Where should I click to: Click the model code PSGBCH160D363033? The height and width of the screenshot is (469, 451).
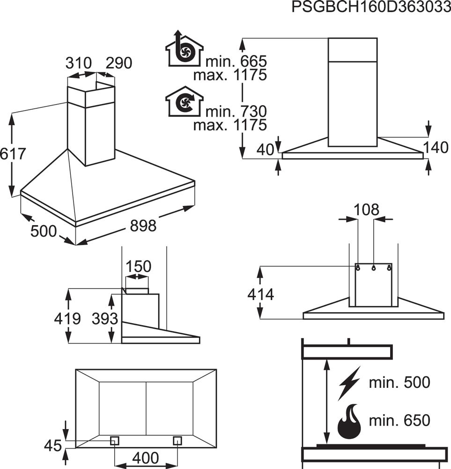tap(370, 8)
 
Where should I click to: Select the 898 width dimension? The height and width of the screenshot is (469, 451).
tap(142, 226)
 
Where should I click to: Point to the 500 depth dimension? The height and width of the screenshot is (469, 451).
tap(44, 231)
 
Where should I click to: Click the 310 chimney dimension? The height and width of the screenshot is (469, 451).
tap(78, 63)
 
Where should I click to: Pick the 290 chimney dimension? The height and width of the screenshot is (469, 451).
tap(119, 63)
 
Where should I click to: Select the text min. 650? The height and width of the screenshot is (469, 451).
tap(399, 420)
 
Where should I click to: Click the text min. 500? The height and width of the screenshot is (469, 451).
tap(399, 382)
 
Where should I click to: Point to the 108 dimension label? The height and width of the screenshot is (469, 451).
tap(366, 210)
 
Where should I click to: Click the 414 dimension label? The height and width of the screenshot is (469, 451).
tap(260, 295)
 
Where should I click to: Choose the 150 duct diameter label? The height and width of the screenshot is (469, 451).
tap(139, 266)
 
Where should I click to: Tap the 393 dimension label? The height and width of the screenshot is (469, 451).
tap(104, 319)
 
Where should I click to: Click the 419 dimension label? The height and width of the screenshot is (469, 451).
tap(67, 319)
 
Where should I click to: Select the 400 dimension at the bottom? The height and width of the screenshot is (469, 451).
tap(146, 457)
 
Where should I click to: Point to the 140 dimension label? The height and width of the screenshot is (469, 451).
tap(436, 148)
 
